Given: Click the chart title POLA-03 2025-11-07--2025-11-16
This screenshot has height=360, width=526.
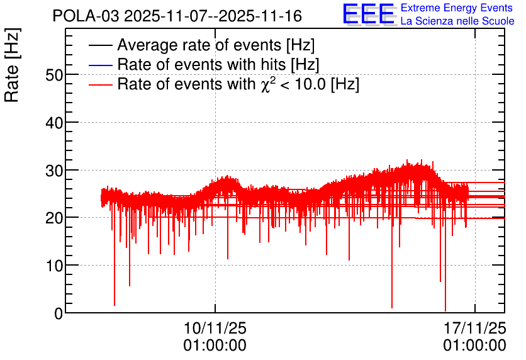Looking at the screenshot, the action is point(177,16).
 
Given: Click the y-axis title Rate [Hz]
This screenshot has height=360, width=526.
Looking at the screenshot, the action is point(12,65).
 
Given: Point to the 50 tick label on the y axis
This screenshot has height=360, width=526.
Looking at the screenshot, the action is point(54,75).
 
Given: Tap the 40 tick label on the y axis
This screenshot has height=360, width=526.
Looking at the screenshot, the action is point(54,123).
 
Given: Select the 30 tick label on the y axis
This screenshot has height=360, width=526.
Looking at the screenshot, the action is point(54,171).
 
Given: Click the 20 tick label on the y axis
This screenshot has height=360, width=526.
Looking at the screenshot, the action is point(54,218).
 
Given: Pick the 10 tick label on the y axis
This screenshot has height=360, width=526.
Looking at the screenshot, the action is point(54,266).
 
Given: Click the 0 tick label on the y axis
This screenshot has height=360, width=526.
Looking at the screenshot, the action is point(59,313).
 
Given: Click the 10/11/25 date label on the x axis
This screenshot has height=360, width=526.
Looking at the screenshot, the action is point(215,328).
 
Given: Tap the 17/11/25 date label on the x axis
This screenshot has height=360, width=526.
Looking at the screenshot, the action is point(474,328).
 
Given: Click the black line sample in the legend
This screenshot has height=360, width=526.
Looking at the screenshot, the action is point(100,45).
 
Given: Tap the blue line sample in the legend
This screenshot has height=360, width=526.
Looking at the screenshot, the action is point(100,65).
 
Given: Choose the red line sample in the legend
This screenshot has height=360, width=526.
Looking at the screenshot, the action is point(100,84).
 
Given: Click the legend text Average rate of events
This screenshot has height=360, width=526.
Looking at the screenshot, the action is point(199,45).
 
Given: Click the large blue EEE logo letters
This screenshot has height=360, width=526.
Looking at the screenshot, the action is point(369,14).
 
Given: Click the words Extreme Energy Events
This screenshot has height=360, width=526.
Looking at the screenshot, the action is point(457,8).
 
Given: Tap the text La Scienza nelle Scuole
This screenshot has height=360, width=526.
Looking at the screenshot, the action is point(457,21).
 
